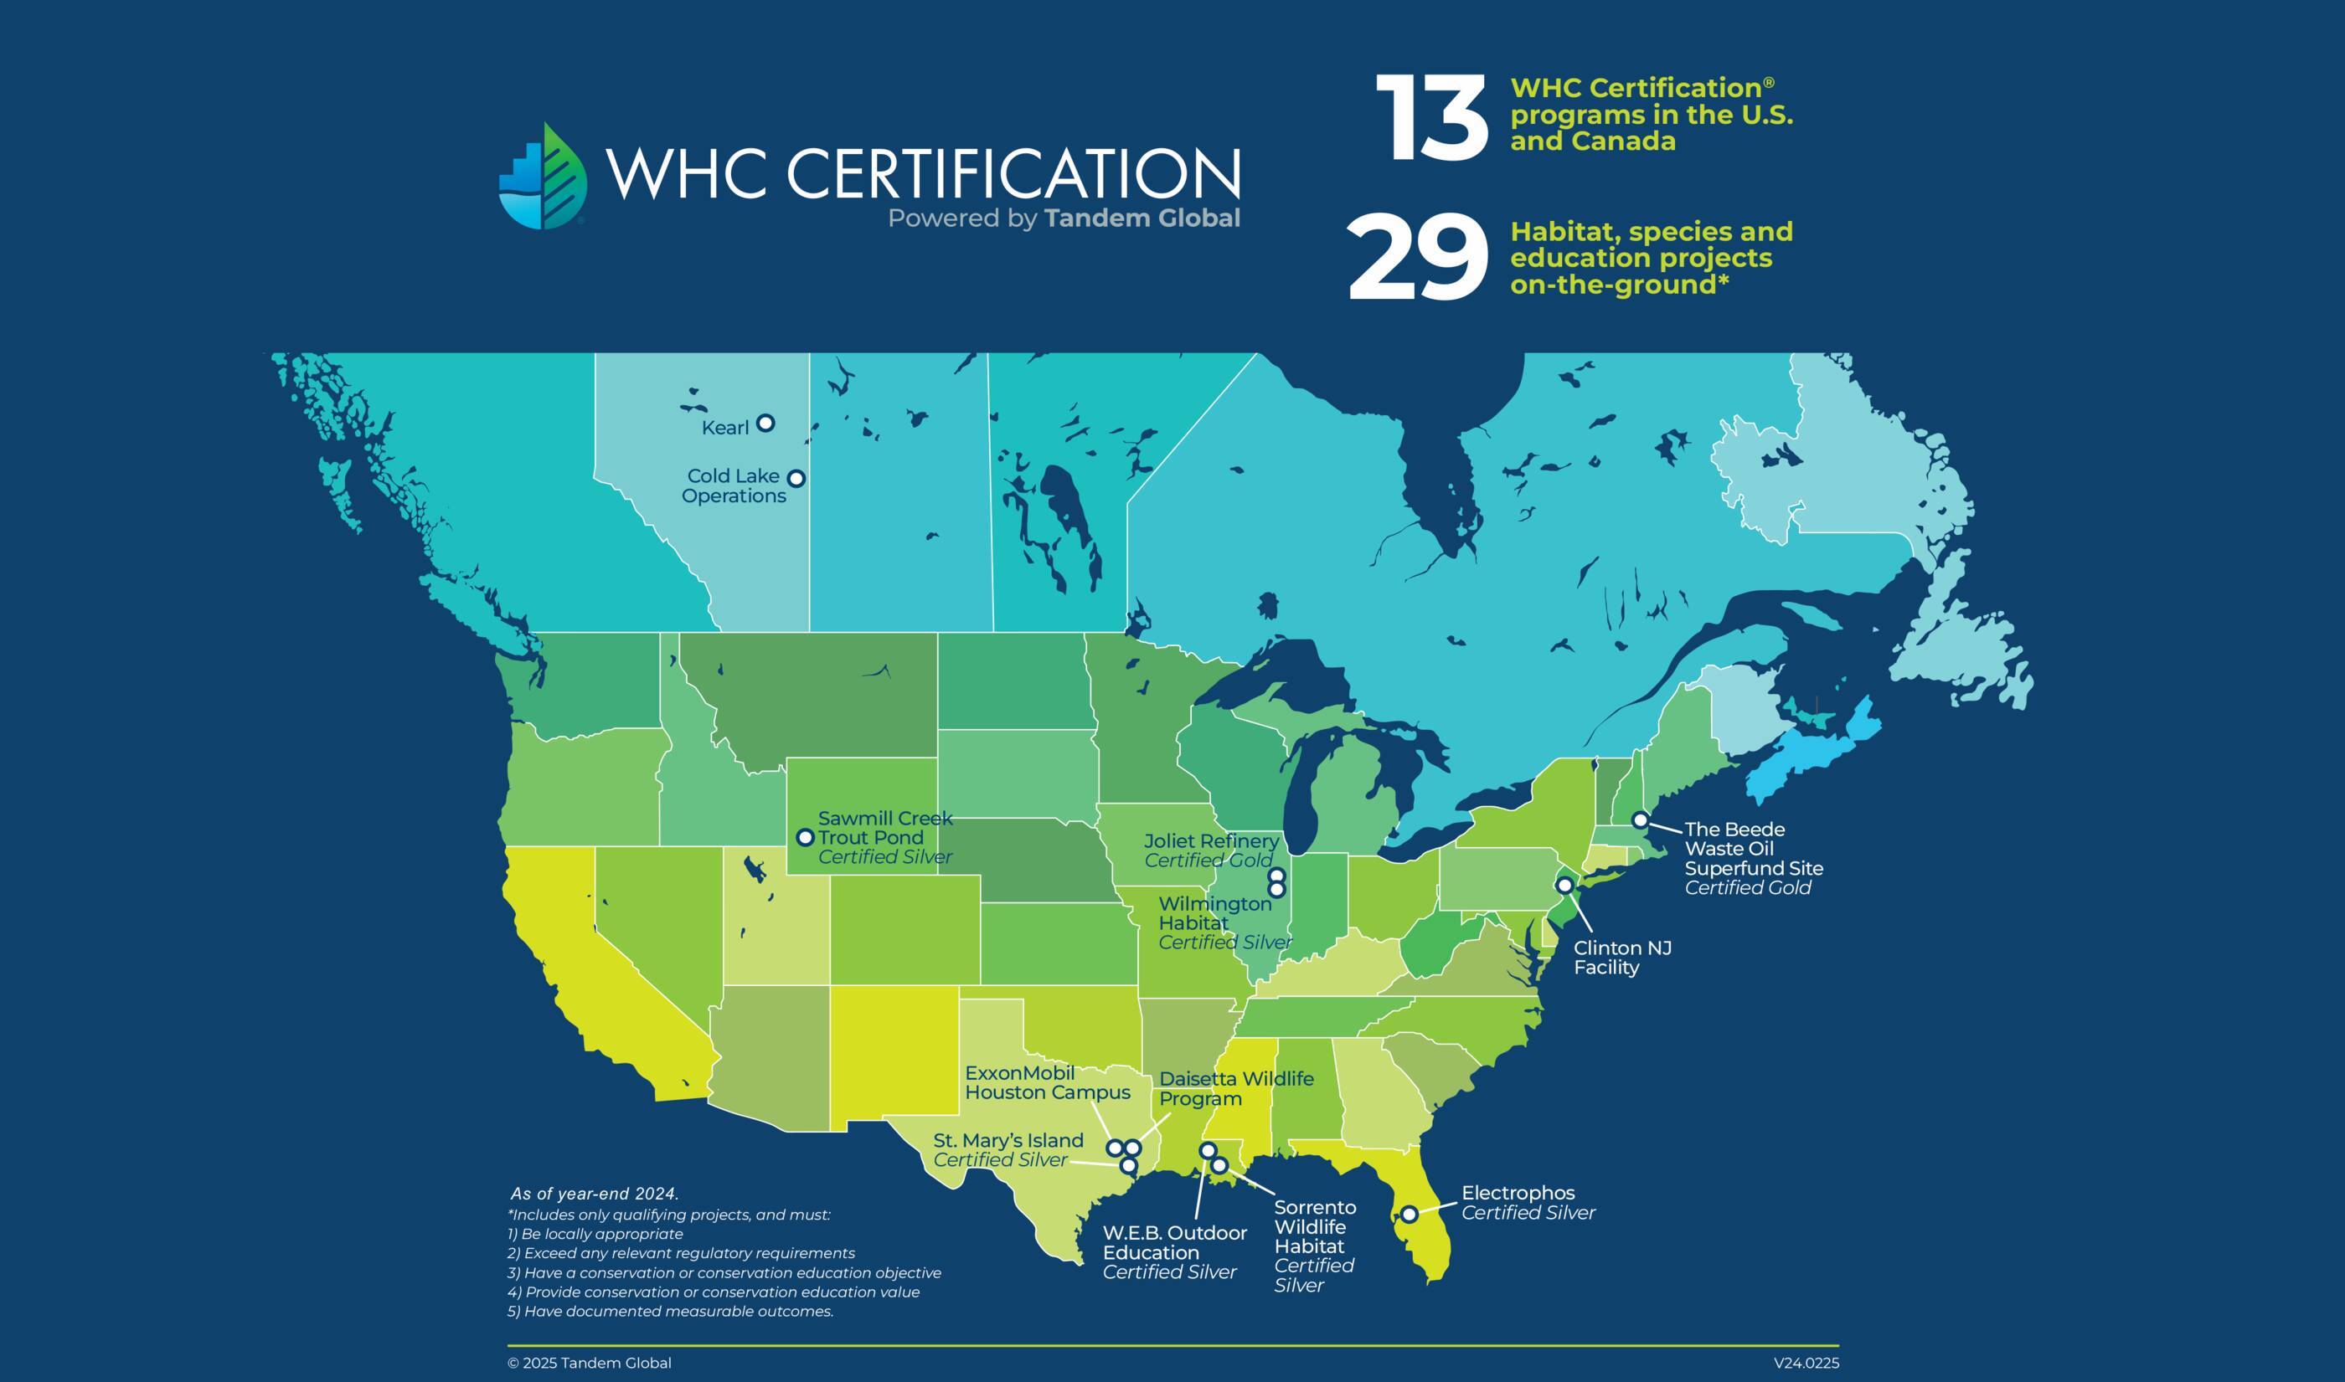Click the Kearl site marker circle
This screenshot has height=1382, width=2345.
point(765,423)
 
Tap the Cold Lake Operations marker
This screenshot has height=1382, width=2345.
point(796,479)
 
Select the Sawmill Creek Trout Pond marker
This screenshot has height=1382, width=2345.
point(806,837)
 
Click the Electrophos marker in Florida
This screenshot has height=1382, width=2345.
point(1410,1215)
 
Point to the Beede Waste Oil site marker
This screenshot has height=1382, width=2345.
point(1641,820)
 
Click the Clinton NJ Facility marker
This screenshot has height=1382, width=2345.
point(1565,884)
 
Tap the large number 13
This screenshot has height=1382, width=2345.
point(1431,119)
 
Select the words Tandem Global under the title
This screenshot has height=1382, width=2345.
point(1142,218)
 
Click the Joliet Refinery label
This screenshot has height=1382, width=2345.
point(1211,841)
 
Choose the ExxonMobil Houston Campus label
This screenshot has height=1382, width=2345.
point(1046,1082)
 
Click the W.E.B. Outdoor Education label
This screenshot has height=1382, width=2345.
point(1174,1242)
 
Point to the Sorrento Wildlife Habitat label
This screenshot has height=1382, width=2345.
point(1314,1226)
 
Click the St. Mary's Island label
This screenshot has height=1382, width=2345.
point(1008,1140)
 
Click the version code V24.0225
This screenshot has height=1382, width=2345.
point(1806,1364)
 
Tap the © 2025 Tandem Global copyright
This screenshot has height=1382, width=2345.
point(589,1364)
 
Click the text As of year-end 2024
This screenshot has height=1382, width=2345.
point(595,1194)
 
